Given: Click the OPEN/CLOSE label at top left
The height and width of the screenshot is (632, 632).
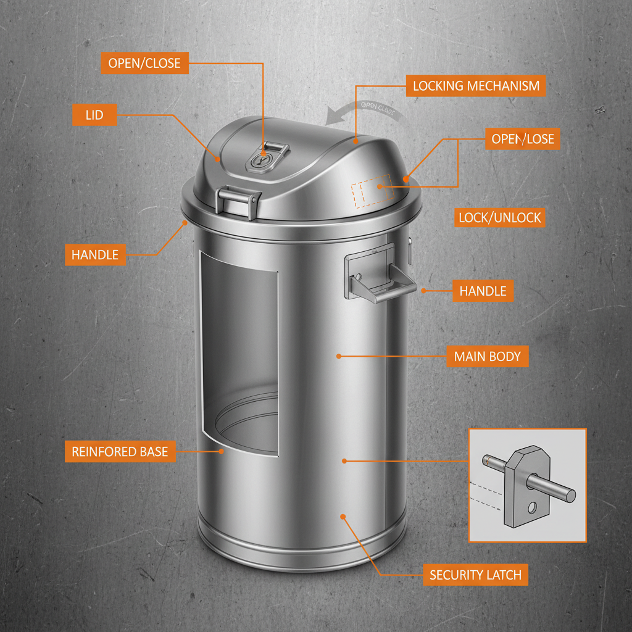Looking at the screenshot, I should pyautogui.click(x=144, y=63).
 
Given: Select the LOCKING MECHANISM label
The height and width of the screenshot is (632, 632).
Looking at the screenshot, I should pyautogui.click(x=476, y=86).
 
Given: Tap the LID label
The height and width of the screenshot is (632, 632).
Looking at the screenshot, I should pyautogui.click(x=94, y=115).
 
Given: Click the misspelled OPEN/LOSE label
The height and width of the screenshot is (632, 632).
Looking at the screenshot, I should pyautogui.click(x=523, y=139).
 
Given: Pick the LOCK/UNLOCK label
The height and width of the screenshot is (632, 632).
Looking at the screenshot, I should pyautogui.click(x=499, y=217).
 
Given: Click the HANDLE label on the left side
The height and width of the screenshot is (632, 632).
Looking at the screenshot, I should pyautogui.click(x=95, y=255).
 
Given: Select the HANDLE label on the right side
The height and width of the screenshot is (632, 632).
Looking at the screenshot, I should pyautogui.click(x=483, y=291).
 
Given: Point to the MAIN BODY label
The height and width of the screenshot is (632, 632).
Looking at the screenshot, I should pyautogui.click(x=487, y=356).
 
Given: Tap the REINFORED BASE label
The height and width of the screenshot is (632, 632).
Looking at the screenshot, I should pyautogui.click(x=120, y=452).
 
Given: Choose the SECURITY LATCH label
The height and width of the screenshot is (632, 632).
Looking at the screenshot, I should pyautogui.click(x=475, y=575).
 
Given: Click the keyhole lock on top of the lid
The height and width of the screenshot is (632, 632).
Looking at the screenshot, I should pyautogui.click(x=262, y=160).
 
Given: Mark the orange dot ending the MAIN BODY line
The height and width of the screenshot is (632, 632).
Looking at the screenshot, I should pyautogui.click(x=339, y=356).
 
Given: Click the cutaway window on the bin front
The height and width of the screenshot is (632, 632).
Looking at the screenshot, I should pyautogui.click(x=239, y=358).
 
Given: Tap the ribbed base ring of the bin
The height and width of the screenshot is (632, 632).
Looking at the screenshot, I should pyautogui.click(x=302, y=552).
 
